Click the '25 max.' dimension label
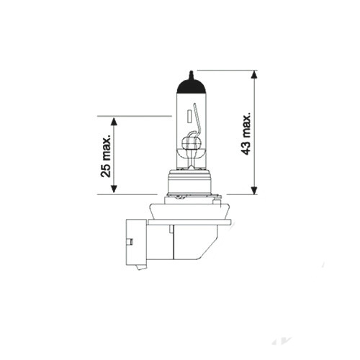click(106, 156)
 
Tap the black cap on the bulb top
click(192, 86)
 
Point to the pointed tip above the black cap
click(191, 71)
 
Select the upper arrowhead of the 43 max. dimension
click(254, 75)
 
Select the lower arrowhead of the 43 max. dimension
click(254, 190)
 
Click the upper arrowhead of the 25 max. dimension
click(114, 122)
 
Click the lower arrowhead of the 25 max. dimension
click(114, 189)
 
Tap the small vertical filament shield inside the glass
click(189, 116)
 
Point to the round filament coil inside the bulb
click(191, 143)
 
